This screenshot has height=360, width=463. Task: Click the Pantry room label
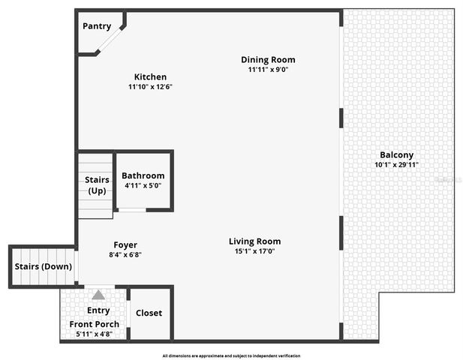pyautogui.click(x=97, y=26)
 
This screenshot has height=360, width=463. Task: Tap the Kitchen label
pyautogui.click(x=150, y=76)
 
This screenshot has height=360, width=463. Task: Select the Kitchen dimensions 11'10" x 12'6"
pyautogui.click(x=150, y=86)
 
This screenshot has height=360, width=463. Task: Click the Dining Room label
pyautogui.click(x=268, y=59)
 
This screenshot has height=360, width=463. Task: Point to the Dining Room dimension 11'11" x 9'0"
pyautogui.click(x=268, y=69)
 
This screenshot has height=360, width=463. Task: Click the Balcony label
pyautogui.click(x=396, y=155)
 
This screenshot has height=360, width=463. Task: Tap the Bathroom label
pyautogui.click(x=143, y=175)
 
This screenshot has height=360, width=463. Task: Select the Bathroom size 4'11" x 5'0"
pyautogui.click(x=143, y=185)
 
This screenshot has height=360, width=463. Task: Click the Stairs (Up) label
pyautogui.click(x=96, y=184)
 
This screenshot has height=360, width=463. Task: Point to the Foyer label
pyautogui.click(x=125, y=244)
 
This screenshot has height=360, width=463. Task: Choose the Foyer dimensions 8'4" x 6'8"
pyautogui.click(x=125, y=254)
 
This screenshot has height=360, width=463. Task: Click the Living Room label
pyautogui.click(x=255, y=241)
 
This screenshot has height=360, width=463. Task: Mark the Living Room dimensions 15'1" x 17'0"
pyautogui.click(x=255, y=251)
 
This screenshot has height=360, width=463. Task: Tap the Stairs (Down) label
pyautogui.click(x=44, y=266)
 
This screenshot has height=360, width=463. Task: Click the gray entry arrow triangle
pyautogui.click(x=98, y=295)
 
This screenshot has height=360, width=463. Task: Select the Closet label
pyautogui.click(x=149, y=313)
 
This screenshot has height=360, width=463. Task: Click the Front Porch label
pyautogui.click(x=95, y=324)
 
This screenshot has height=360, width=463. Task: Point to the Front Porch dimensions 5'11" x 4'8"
pyautogui.click(x=95, y=334)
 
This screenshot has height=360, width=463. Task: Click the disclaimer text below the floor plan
pyautogui.click(x=231, y=355)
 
